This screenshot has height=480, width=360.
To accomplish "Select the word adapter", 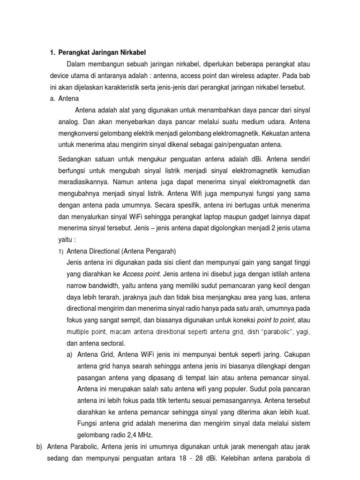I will pos(264,75).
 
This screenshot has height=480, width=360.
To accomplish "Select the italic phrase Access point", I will pos(142,274).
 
